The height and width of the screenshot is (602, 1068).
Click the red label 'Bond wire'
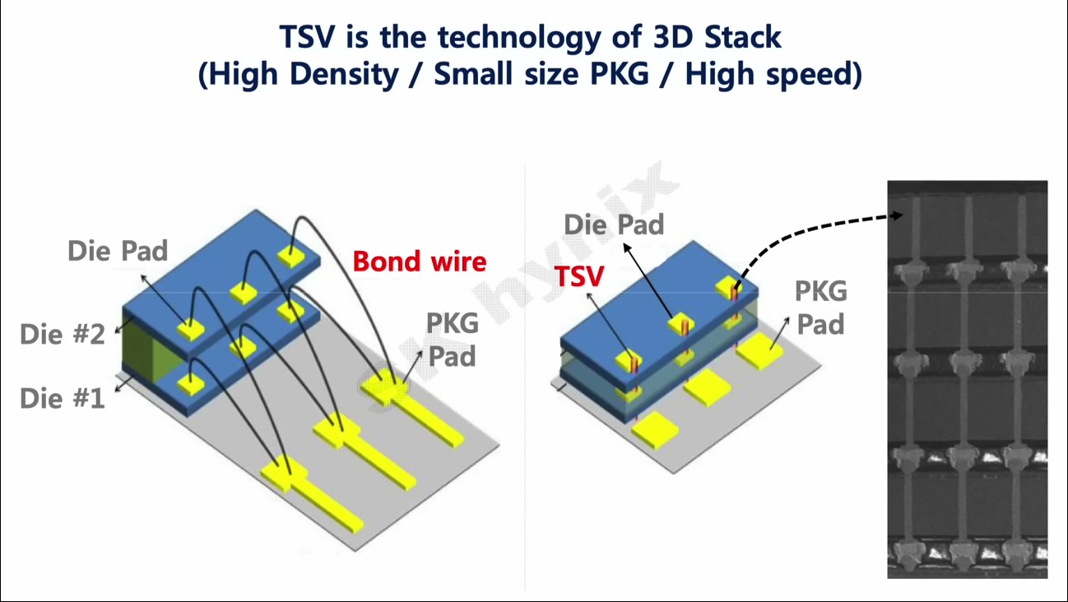(x=420, y=262)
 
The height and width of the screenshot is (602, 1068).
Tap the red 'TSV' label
(x=579, y=276)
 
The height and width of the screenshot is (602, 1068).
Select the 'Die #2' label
(x=62, y=334)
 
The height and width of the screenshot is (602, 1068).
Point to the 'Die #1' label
(x=62, y=398)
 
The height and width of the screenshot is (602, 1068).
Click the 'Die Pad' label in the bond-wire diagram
(x=118, y=251)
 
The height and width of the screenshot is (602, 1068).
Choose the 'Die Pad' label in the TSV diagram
(x=614, y=225)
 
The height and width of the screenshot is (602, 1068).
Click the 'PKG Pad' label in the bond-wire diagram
(x=452, y=340)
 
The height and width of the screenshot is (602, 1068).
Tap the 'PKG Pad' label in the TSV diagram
(x=820, y=308)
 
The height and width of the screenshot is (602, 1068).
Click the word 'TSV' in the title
(x=307, y=37)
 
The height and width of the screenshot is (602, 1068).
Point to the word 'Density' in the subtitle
(x=344, y=75)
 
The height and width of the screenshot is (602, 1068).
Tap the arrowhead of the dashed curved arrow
(x=898, y=215)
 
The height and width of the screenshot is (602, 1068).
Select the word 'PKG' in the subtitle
(x=620, y=74)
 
